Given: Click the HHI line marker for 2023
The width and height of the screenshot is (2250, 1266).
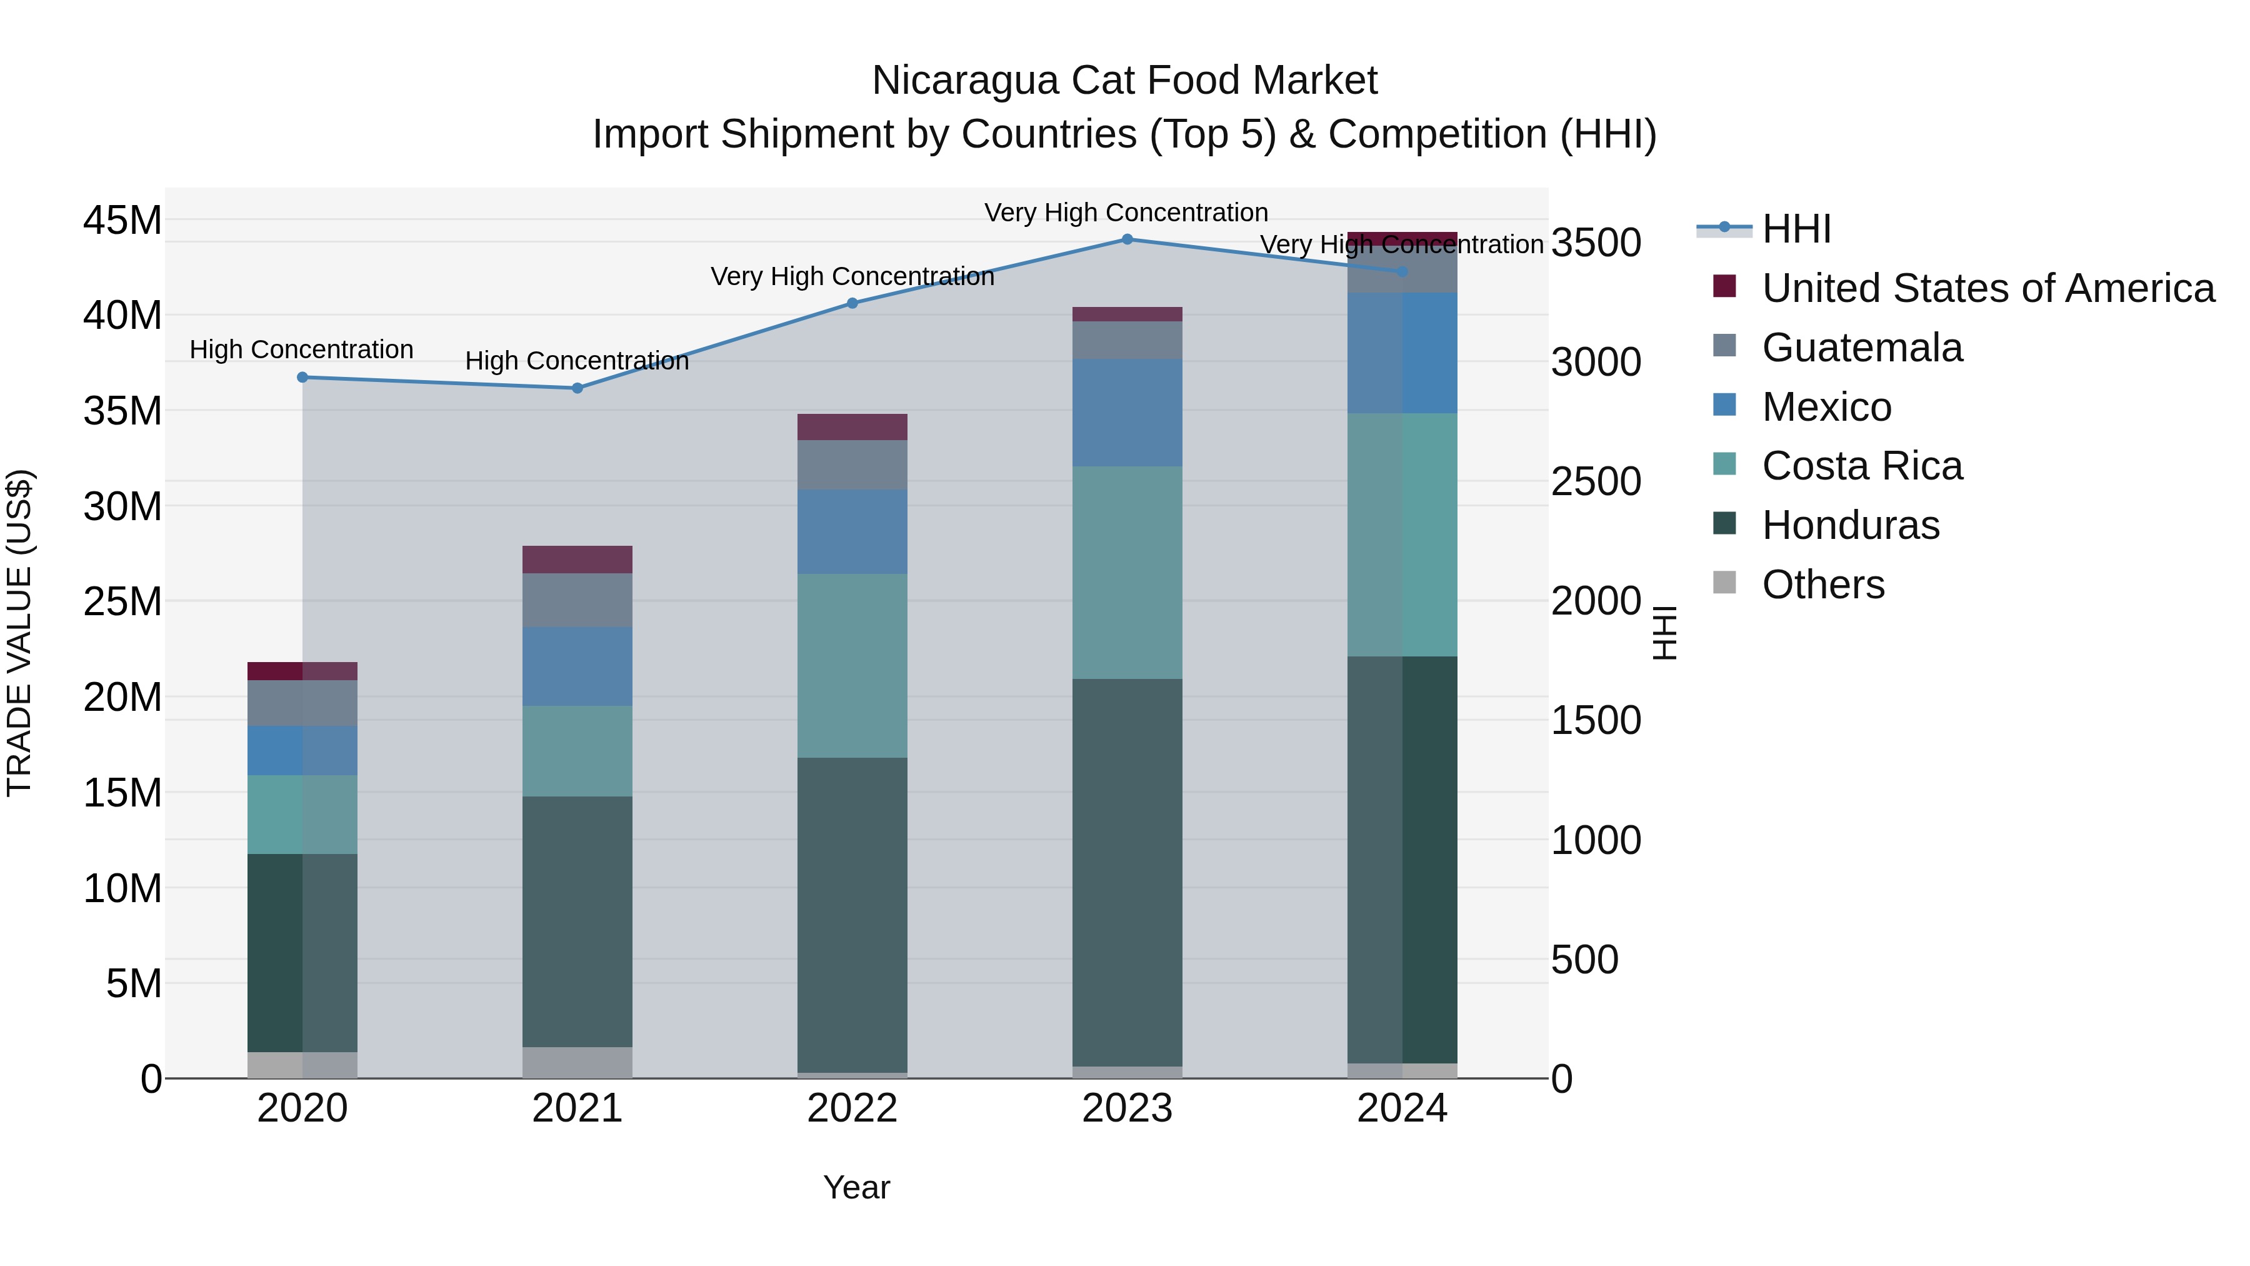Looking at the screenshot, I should [x=1127, y=239].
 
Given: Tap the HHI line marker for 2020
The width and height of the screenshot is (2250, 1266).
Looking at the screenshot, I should [x=302, y=378].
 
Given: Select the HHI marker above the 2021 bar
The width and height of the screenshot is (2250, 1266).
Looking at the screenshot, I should [x=577, y=388].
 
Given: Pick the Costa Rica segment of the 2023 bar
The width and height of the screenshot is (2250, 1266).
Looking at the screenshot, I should [x=1127, y=572].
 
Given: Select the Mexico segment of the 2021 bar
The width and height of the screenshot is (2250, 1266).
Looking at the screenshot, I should [x=577, y=666].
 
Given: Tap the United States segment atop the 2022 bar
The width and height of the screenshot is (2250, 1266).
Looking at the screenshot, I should [x=852, y=427].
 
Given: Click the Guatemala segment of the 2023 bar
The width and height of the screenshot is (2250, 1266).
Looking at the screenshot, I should [x=1127, y=340].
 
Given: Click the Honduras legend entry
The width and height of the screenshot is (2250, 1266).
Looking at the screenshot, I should [x=1850, y=525].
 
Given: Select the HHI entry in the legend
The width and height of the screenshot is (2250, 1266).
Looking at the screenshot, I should [x=1796, y=229].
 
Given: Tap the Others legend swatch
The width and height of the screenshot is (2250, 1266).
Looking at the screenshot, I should [x=1724, y=583].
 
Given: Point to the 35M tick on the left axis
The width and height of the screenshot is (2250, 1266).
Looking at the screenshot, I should [x=122, y=411].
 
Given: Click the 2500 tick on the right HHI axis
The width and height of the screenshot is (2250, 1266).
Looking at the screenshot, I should [x=1596, y=481].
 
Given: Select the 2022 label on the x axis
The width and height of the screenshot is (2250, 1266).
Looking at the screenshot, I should [x=852, y=1108].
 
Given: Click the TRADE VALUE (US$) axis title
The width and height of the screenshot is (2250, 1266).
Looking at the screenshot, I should [x=19, y=633].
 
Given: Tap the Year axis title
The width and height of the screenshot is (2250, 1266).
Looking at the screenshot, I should [x=856, y=1187].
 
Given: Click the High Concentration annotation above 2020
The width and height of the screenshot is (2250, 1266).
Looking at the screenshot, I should [x=301, y=349].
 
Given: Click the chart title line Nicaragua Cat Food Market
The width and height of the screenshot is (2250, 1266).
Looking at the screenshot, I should [x=1124, y=81].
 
